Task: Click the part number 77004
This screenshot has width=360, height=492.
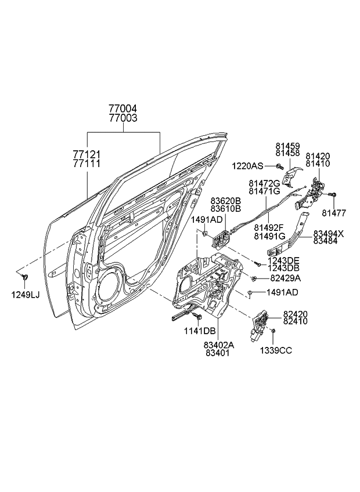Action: point(123,108)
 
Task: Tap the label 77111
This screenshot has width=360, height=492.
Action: point(87,164)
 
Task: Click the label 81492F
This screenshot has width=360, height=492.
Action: point(269,227)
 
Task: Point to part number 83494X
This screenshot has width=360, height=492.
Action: point(328,234)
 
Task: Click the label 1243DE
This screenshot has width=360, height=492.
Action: point(284,260)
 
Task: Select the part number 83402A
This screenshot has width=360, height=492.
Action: point(218,344)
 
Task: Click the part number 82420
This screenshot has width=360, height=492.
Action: point(296,314)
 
